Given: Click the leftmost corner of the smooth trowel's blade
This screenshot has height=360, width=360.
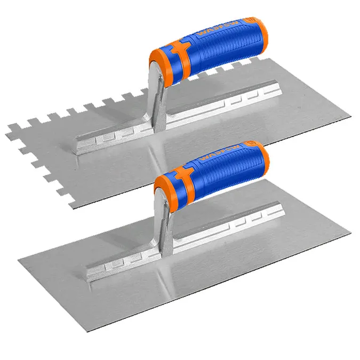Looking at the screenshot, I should click(x=18, y=260).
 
